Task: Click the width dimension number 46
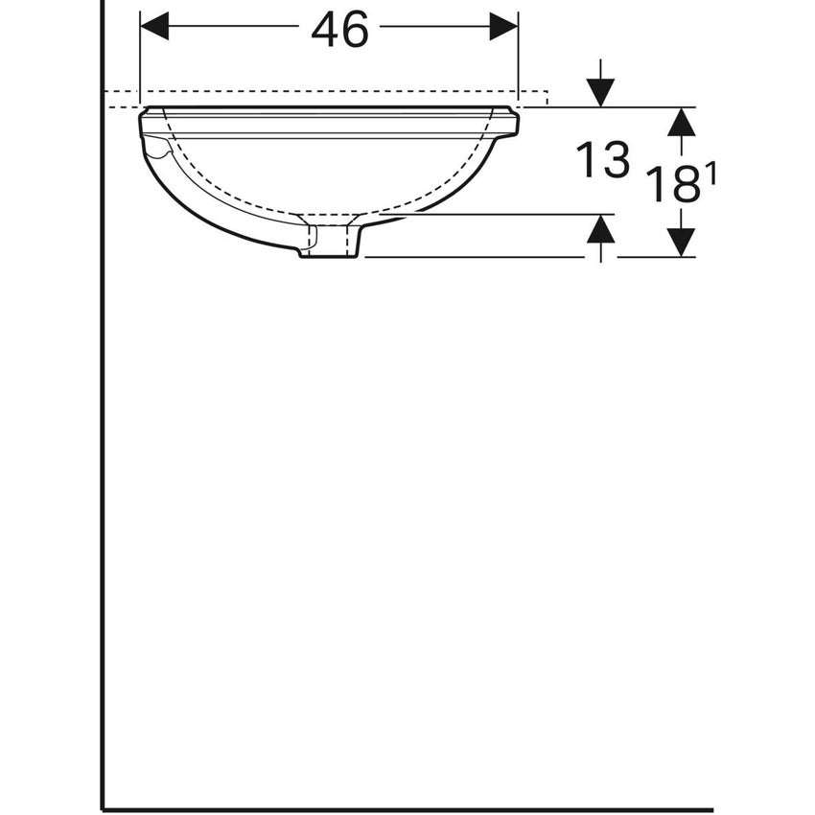[339, 31]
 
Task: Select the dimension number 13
[602, 160]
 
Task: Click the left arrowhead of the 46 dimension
[154, 27]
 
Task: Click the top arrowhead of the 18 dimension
[681, 121]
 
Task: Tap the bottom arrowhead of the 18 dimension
[681, 243]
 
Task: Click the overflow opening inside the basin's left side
[156, 148]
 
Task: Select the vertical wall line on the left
[102, 431]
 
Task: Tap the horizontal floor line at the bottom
[403, 809]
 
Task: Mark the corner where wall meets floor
[103, 809]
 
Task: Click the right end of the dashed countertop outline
[547, 97]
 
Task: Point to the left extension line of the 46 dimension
[140, 58]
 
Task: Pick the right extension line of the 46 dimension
[518, 58]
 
